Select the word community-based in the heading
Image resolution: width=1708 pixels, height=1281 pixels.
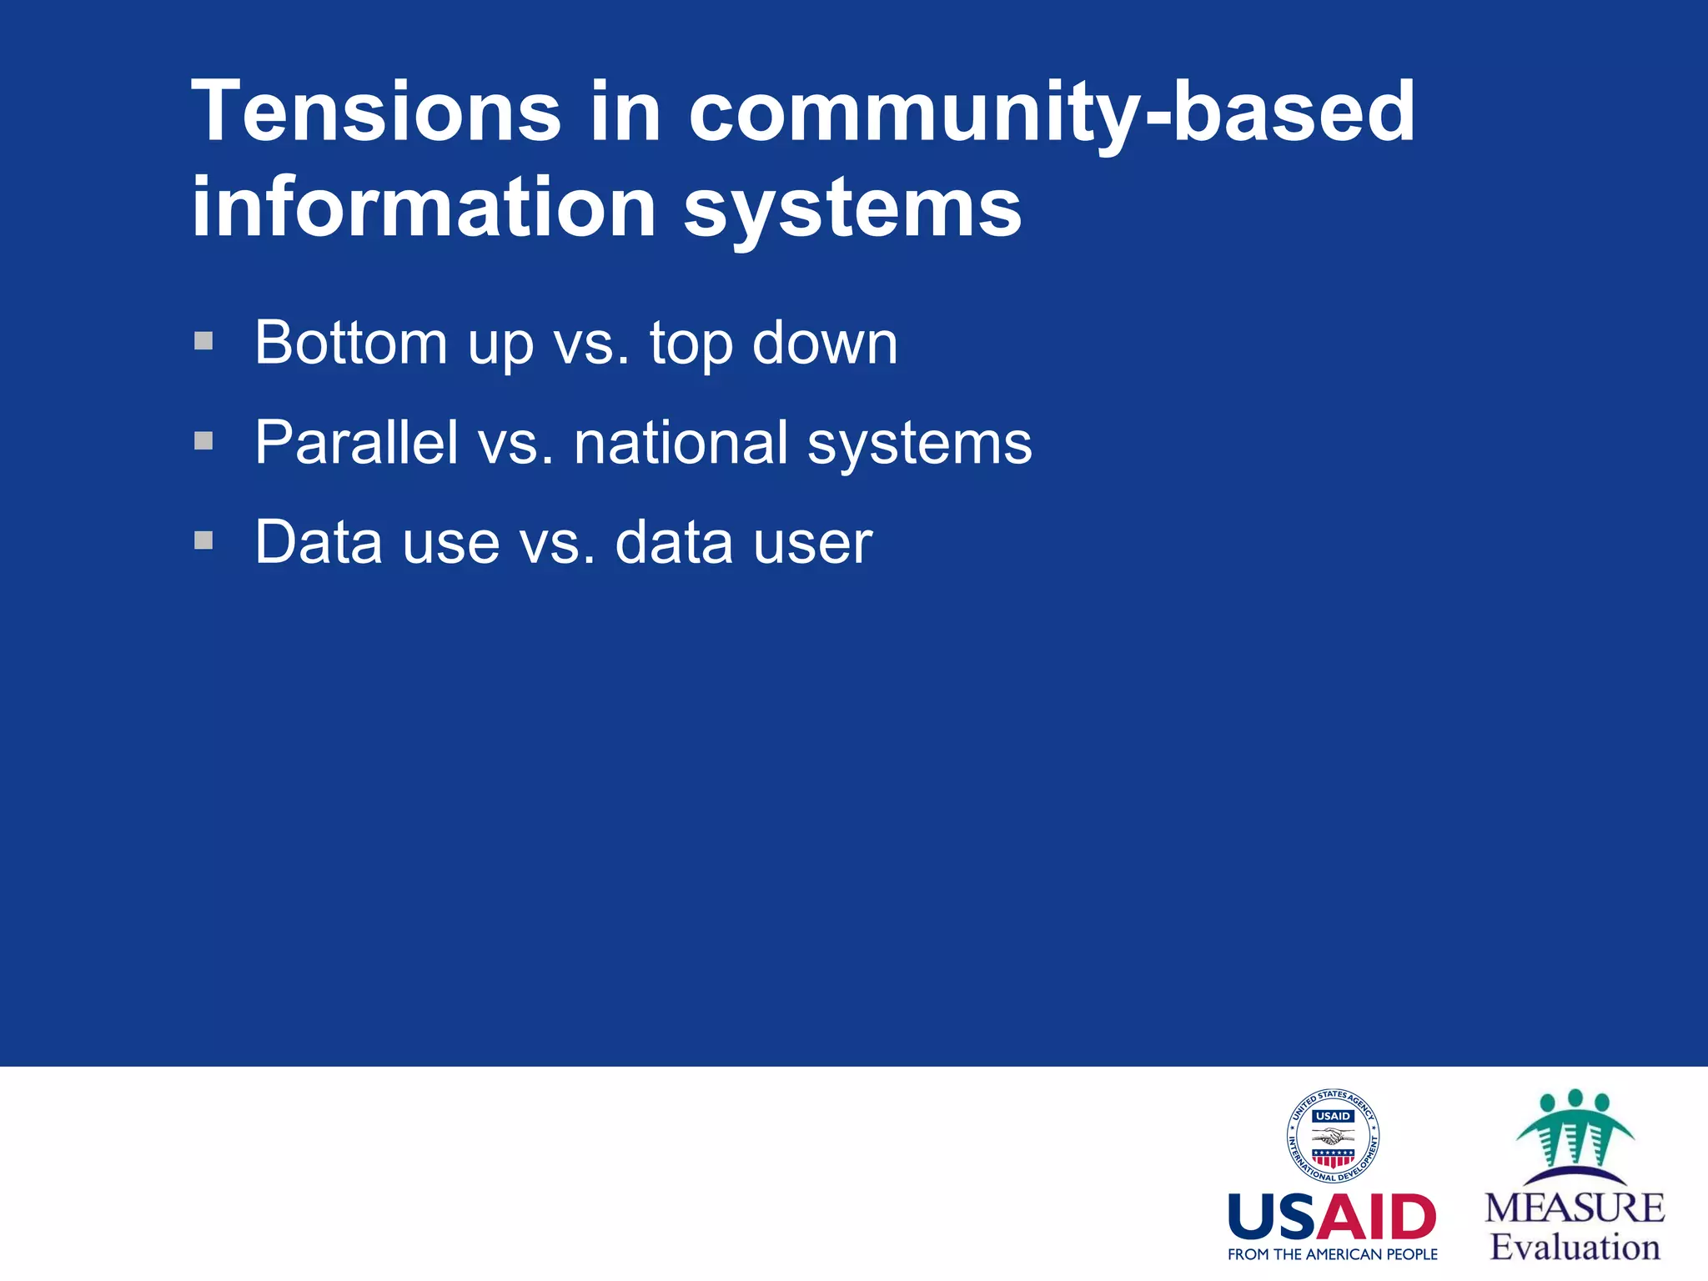[1052, 113]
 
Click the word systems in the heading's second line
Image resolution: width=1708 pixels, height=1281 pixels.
[852, 208]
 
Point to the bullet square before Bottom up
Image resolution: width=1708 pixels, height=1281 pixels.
[203, 341]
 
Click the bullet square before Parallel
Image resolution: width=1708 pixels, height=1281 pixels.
[203, 440]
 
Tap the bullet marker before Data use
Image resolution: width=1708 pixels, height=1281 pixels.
[203, 540]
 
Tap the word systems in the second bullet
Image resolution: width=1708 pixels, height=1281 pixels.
[919, 444]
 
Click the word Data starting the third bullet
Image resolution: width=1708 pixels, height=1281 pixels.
[319, 542]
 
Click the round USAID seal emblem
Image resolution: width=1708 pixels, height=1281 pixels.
[1332, 1136]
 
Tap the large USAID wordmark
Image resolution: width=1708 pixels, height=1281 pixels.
[1332, 1217]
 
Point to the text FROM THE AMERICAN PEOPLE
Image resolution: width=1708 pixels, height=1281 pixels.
[1332, 1254]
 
